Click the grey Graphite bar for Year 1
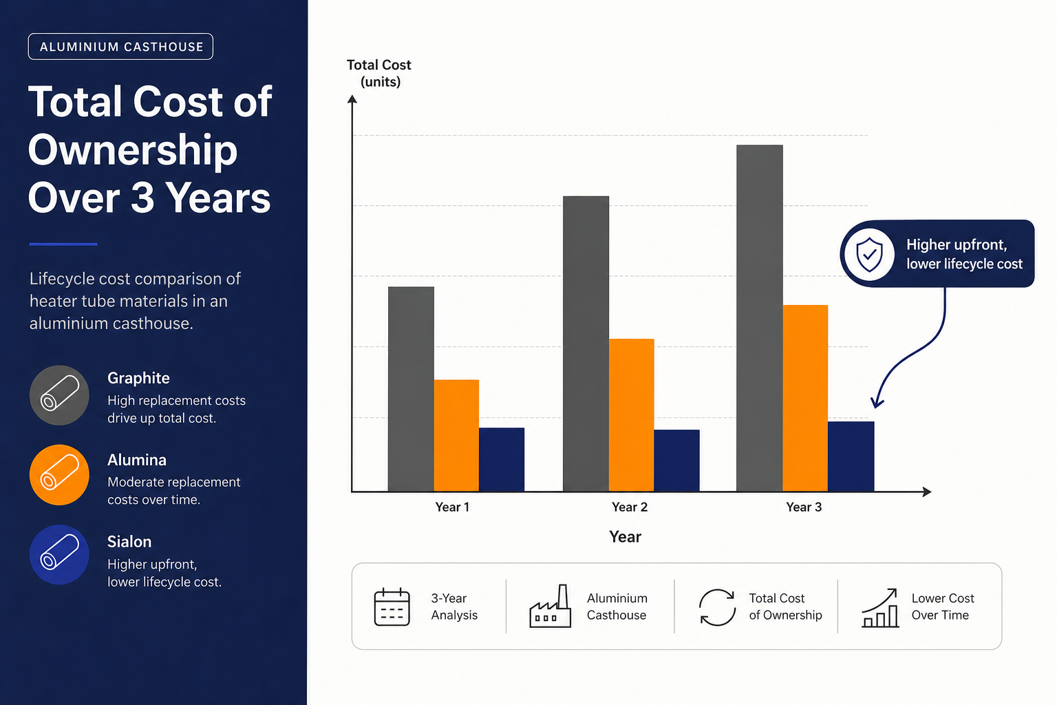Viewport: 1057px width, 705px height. (x=411, y=389)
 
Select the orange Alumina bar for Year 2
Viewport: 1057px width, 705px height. (x=631, y=415)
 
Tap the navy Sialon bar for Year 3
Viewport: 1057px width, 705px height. (x=851, y=456)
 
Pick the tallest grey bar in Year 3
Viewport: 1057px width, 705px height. (x=759, y=318)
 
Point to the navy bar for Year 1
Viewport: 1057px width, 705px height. (x=502, y=459)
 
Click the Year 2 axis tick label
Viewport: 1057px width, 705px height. (x=630, y=507)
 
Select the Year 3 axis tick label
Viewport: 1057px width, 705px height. (x=804, y=507)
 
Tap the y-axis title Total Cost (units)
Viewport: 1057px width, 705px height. (x=379, y=73)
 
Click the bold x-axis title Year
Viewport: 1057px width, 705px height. (x=625, y=537)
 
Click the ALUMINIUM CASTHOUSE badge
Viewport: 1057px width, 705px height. (x=121, y=46)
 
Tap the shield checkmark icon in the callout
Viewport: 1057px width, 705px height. (x=869, y=255)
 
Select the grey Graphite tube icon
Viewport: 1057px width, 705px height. (x=59, y=395)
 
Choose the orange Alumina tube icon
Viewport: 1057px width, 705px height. (x=59, y=475)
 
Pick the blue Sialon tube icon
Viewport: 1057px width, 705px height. (x=59, y=555)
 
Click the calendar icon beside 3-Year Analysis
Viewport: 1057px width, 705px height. (x=392, y=607)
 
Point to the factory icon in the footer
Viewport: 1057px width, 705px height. (x=551, y=606)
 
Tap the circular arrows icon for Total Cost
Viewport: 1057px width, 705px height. (x=717, y=607)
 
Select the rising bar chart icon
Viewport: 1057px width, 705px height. (x=880, y=608)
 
